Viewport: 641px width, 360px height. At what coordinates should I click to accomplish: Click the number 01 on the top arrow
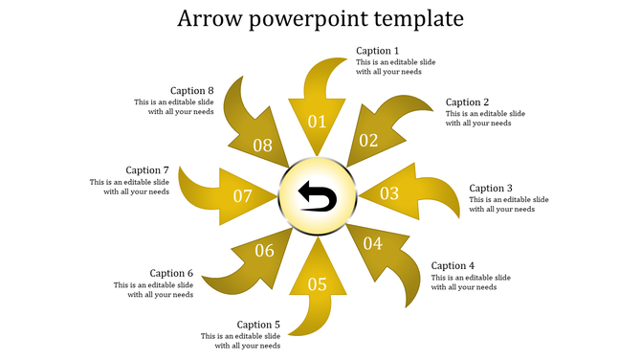click(x=317, y=122)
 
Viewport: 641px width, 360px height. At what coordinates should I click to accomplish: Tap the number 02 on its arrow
click(x=368, y=141)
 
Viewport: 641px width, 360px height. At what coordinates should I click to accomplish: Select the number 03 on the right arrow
click(x=389, y=193)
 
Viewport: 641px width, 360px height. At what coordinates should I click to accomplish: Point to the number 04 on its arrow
click(x=373, y=244)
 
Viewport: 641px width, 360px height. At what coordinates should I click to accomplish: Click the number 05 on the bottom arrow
click(x=317, y=284)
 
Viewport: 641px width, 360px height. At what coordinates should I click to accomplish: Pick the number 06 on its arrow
click(x=264, y=251)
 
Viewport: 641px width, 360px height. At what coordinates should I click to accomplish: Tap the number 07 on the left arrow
click(x=243, y=196)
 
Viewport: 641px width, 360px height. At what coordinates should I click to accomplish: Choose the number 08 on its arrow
click(x=262, y=146)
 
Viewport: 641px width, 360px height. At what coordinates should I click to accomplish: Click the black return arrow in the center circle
click(x=318, y=197)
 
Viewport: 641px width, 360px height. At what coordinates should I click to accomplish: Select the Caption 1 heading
click(x=378, y=51)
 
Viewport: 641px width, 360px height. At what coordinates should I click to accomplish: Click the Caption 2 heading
click(x=468, y=102)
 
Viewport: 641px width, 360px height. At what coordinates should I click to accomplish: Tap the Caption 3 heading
click(x=492, y=189)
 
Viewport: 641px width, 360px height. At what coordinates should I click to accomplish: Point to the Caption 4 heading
click(x=453, y=266)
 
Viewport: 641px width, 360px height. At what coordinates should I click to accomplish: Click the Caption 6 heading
click(x=171, y=273)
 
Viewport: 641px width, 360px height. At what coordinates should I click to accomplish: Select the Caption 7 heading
click(x=147, y=170)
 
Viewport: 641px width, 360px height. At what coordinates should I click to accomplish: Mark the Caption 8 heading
click(x=192, y=91)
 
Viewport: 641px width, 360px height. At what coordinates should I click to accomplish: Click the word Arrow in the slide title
click(x=210, y=19)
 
